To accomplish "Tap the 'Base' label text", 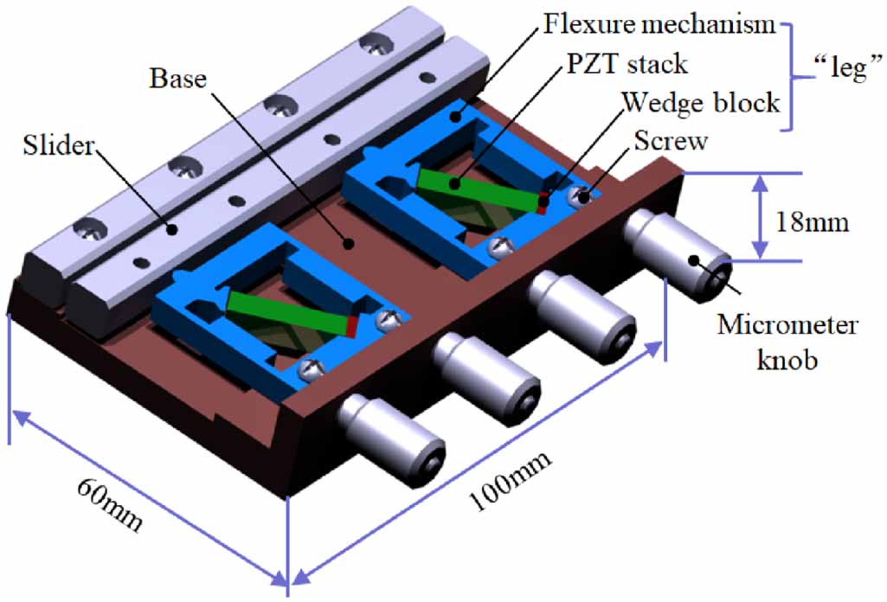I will (178, 78).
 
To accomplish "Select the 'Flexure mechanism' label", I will (659, 23).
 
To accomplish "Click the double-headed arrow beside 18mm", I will (759, 216).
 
